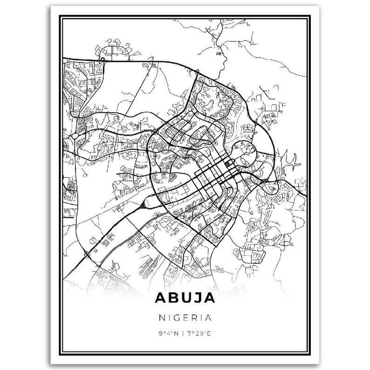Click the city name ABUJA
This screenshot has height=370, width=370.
tap(185, 297)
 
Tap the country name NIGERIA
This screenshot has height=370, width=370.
tap(185, 318)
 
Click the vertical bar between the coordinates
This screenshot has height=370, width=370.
tap(184, 333)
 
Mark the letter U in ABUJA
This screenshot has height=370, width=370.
tap(180, 297)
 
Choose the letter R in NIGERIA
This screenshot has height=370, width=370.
tap(194, 318)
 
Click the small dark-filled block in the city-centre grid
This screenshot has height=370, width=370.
tap(228, 164)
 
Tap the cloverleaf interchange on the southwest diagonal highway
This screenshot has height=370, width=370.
tap(88, 254)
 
